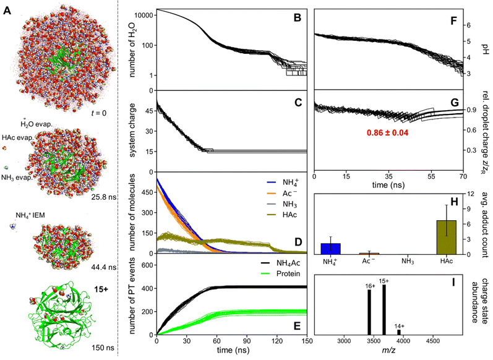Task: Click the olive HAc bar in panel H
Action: point(446,237)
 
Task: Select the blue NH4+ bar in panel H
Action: point(330,249)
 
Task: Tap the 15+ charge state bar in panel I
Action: point(384,310)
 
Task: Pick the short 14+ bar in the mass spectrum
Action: point(399,332)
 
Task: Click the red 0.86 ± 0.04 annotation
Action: point(387,133)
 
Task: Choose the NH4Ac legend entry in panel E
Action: point(280,263)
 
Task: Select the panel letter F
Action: point(453,21)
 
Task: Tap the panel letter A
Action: point(7,11)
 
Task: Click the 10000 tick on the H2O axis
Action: point(144,15)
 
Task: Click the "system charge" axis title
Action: point(132,130)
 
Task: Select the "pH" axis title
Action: point(484,49)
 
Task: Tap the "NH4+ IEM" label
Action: point(30,215)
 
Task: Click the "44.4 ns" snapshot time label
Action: point(103,267)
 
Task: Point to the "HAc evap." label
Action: point(17,137)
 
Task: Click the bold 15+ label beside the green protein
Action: point(101,289)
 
